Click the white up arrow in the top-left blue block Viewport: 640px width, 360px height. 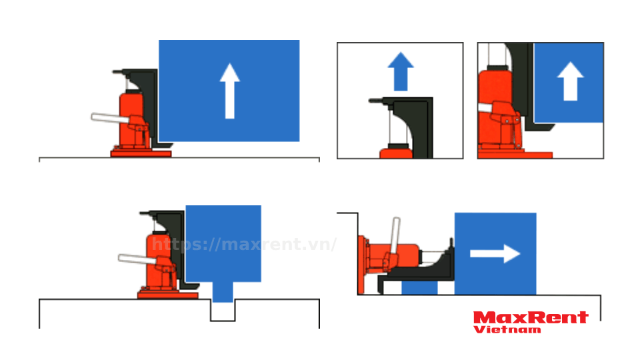[230, 91]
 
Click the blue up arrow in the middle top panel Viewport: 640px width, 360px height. [401, 71]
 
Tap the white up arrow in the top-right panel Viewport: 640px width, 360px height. [570, 81]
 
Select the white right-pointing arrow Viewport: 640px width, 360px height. [495, 254]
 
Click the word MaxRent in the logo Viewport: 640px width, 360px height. [531, 317]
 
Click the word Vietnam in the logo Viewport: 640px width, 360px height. [507, 329]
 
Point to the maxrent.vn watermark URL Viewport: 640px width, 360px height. [244, 244]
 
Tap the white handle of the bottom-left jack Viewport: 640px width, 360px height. [137, 259]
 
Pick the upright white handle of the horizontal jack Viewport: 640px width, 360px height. [395, 236]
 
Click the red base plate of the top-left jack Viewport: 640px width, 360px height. [141, 154]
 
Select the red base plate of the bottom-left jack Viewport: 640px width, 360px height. [168, 295]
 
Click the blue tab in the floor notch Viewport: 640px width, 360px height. [223, 292]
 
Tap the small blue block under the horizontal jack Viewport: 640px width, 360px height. [419, 287]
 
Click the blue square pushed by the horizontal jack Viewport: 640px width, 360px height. [495, 253]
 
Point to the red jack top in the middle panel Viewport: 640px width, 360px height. [396, 153]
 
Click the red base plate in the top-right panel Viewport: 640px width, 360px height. [515, 155]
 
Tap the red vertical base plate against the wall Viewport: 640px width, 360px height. [361, 265]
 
